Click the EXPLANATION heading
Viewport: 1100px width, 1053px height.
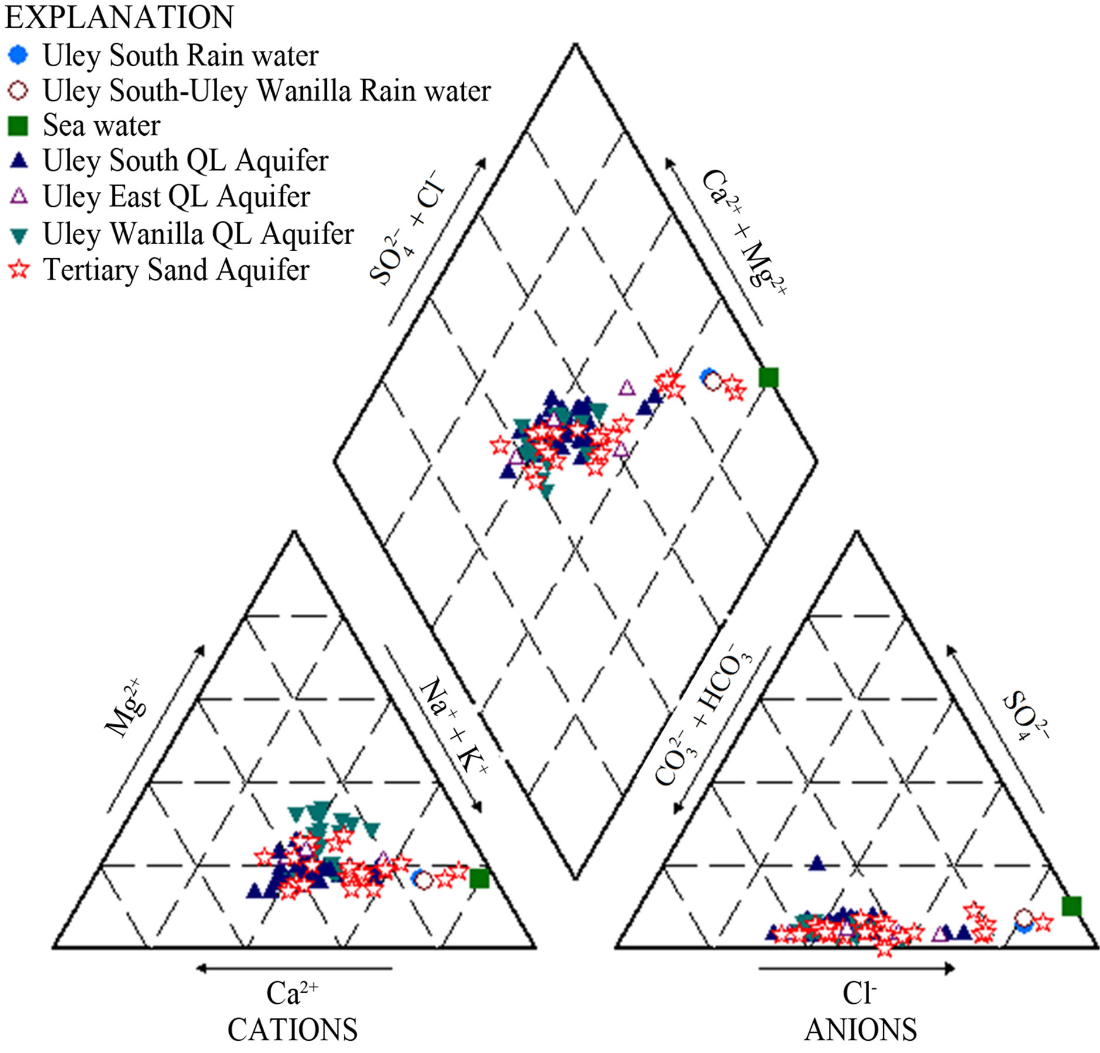[x=119, y=17]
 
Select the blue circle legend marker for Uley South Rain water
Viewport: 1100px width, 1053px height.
[x=18, y=56]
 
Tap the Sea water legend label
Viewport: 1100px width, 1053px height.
[x=101, y=125]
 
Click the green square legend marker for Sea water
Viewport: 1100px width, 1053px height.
[x=18, y=126]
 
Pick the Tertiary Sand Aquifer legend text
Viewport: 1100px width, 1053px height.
[x=176, y=270]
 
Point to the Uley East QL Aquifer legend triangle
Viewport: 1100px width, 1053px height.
[x=19, y=196]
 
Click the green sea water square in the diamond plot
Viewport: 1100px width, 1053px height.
[x=768, y=377]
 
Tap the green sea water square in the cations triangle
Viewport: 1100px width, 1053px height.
[x=480, y=878]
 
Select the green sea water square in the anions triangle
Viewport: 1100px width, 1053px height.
[x=1071, y=906]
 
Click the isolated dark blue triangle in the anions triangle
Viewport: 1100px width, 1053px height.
[x=817, y=862]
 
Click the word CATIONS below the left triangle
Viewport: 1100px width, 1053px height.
[x=292, y=1030]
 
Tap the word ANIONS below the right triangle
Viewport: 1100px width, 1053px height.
[x=860, y=1030]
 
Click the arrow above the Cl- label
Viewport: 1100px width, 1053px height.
[x=857, y=969]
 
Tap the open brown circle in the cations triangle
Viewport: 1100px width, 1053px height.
[x=423, y=880]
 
